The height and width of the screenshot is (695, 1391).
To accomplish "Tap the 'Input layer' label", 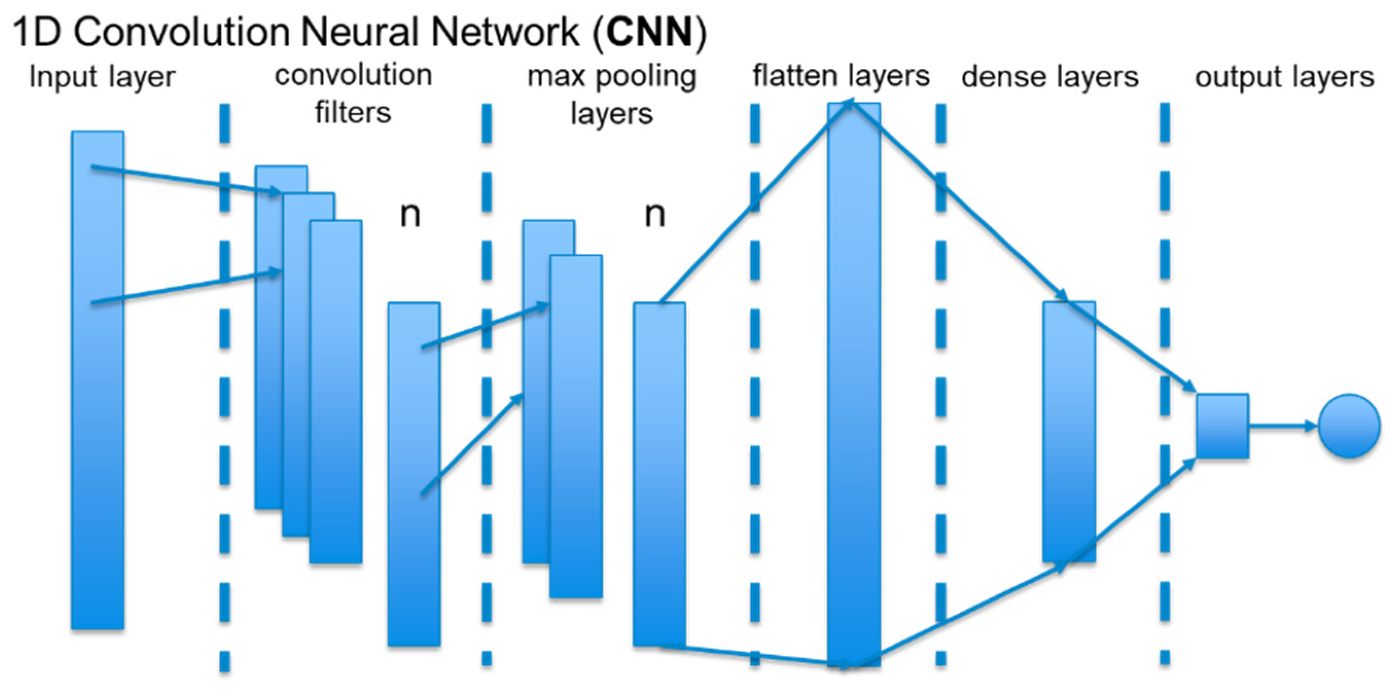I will [102, 77].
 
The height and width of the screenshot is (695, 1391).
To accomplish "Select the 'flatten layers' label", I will [841, 76].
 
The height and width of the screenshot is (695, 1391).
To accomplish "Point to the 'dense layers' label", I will [1050, 77].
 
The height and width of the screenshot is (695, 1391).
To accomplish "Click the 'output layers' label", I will [1285, 77].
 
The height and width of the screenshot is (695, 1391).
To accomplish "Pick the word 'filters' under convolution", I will [352, 113].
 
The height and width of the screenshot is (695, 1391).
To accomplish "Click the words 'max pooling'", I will [611, 76].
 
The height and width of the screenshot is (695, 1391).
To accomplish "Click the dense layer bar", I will [1068, 432].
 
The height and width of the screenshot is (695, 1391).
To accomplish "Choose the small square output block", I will [1222, 426].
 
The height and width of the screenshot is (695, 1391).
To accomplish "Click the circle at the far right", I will [1349, 426].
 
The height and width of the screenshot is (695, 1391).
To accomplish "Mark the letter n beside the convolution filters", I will [410, 215].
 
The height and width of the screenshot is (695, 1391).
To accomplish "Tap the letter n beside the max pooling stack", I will [655, 215].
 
